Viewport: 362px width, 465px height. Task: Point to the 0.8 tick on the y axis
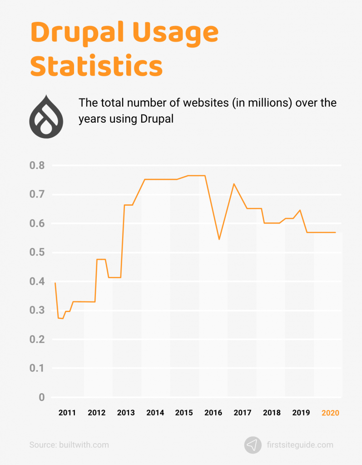(37, 166)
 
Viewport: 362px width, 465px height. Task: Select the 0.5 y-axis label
(37, 252)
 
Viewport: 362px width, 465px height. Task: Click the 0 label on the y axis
(41, 398)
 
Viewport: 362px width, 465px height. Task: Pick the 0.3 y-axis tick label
(37, 311)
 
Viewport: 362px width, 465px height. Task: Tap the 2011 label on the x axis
(67, 413)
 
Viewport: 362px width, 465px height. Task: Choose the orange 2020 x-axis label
(330, 413)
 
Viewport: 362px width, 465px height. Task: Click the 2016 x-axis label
(213, 413)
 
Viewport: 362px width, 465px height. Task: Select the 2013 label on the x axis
(126, 413)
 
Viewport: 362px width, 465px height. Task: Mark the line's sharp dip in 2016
(219, 239)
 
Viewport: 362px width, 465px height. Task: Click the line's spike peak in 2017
(233, 184)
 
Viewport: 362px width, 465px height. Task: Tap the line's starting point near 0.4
(55, 283)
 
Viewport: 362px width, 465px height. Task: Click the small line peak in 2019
(300, 210)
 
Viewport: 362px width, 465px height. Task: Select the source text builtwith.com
(84, 445)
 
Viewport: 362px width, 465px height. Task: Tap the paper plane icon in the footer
(253, 445)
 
